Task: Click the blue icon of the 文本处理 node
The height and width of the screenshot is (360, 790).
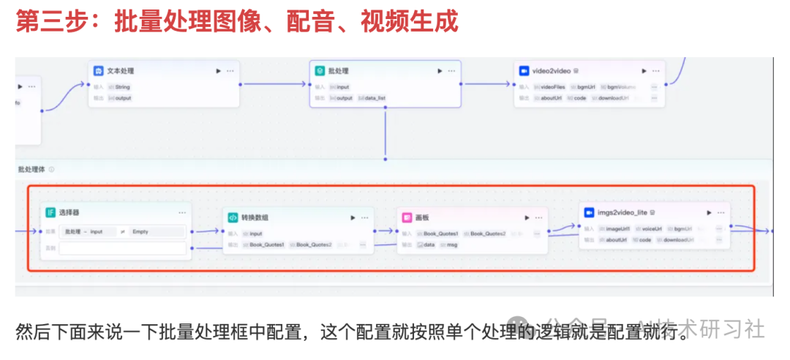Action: (98, 71)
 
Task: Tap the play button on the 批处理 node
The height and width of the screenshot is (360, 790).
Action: (440, 71)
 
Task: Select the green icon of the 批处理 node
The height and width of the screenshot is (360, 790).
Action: (320, 71)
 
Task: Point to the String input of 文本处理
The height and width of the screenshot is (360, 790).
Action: (122, 86)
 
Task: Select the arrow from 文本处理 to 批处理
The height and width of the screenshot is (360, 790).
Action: (274, 83)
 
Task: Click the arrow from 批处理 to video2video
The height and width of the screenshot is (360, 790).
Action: (487, 83)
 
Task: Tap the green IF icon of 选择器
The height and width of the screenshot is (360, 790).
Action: (50, 212)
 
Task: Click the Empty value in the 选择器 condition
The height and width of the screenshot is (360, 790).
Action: (140, 232)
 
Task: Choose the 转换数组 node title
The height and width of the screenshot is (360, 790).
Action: (255, 217)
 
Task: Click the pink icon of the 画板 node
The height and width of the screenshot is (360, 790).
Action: (407, 217)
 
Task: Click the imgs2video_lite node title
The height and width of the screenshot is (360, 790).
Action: (622, 212)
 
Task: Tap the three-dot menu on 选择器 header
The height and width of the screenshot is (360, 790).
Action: (182, 212)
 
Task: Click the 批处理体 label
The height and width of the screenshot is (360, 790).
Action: (31, 169)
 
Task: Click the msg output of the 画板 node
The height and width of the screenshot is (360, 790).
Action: (452, 244)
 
